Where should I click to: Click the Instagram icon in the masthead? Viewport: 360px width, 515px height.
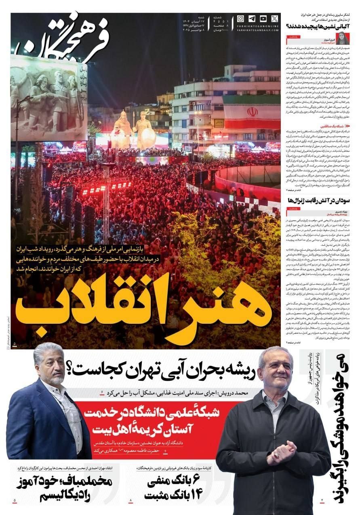[241, 19]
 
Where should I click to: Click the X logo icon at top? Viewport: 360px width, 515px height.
[275, 19]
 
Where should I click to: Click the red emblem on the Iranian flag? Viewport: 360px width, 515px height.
[253, 112]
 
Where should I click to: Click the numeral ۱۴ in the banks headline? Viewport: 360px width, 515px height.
[196, 494]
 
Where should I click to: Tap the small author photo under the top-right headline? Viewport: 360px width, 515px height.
[343, 39]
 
